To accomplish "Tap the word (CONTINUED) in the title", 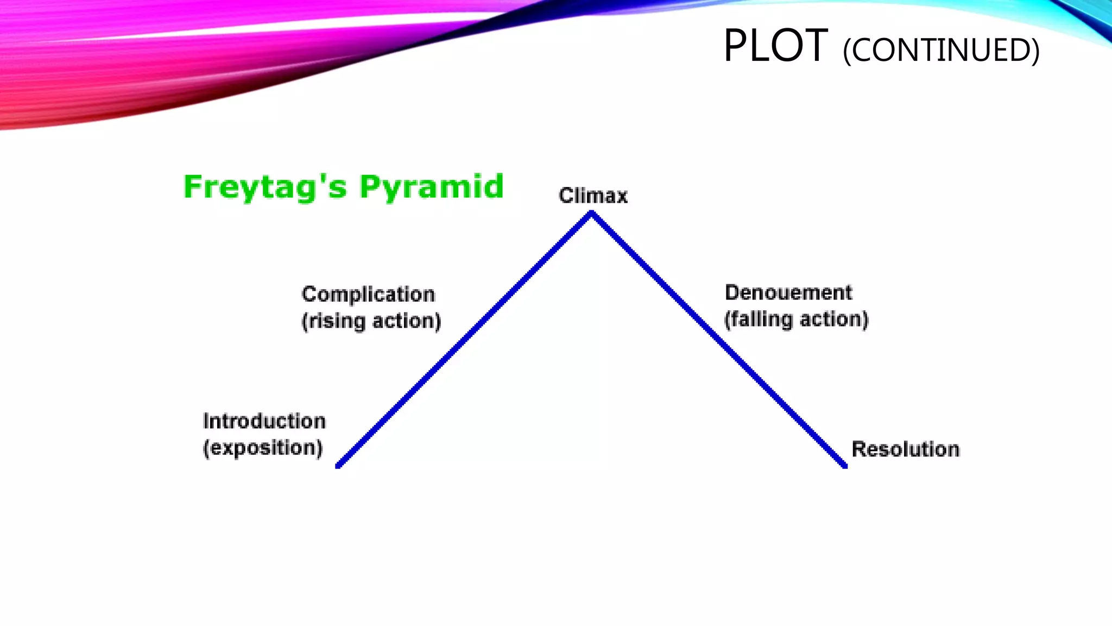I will [941, 51].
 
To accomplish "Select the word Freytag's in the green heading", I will [265, 187].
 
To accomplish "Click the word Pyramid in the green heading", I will [432, 187].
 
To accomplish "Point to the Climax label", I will [593, 196].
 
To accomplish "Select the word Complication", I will [368, 294].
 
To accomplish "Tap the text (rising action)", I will [371, 321].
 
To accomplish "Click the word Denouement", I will [788, 292].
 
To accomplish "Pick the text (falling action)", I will [796, 319].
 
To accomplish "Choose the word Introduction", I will [264, 421].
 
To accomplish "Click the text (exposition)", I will [263, 448].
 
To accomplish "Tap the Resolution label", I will [905, 449].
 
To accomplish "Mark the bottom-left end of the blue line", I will [338, 465].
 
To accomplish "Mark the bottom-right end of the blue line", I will [845, 465].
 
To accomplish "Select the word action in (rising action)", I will [406, 321].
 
